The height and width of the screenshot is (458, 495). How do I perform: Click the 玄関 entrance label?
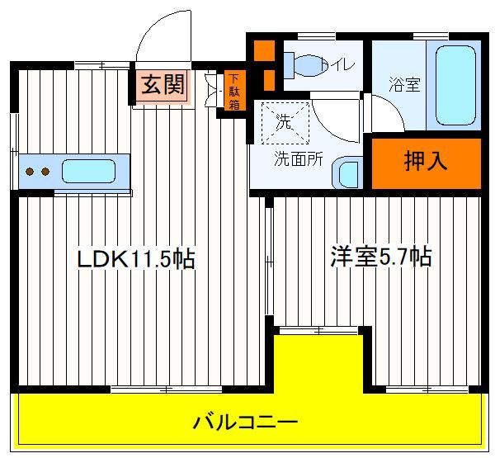pyautogui.click(x=163, y=85)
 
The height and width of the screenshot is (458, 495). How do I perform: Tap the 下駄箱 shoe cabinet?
pyautogui.click(x=234, y=91)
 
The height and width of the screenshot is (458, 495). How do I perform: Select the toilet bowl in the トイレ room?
pyautogui.click(x=300, y=66)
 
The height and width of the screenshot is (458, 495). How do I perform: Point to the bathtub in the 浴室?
pyautogui.click(x=455, y=86)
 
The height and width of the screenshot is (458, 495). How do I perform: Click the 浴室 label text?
pyautogui.click(x=404, y=84)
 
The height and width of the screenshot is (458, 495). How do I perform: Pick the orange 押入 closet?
pyautogui.click(x=426, y=163)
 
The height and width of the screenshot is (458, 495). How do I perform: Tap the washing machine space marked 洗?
pyautogui.click(x=285, y=123)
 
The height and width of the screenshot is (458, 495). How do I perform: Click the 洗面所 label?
pyautogui.click(x=299, y=159)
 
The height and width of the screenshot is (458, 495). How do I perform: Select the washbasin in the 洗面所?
pyautogui.click(x=347, y=172)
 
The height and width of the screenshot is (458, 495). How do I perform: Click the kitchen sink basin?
pyautogui.click(x=88, y=171)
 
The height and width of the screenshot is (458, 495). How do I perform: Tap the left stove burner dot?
pyautogui.click(x=30, y=172)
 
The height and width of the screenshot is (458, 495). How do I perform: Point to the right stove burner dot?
pyautogui.click(x=45, y=172)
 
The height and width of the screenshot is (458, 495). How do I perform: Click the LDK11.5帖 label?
pyautogui.click(x=136, y=259)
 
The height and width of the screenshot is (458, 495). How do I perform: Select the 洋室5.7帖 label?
pyautogui.click(x=380, y=257)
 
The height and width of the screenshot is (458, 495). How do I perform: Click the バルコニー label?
pyautogui.click(x=245, y=422)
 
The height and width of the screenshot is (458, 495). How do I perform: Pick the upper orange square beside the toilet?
pyautogui.click(x=264, y=50)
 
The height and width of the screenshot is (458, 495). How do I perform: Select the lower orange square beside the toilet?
pyautogui.click(x=269, y=80)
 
